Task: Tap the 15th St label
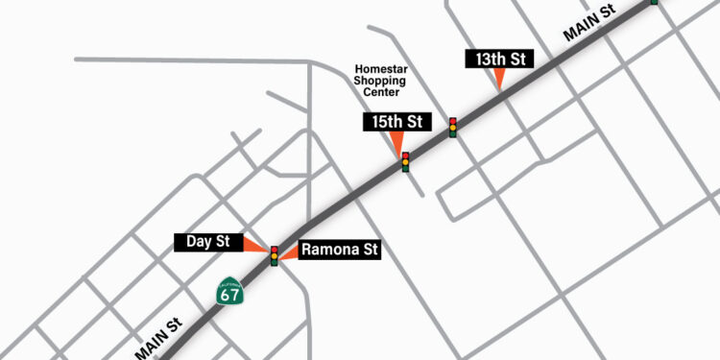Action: (x=394, y=122)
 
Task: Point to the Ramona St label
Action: (x=340, y=251)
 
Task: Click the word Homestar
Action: (x=381, y=69)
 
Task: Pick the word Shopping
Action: (x=380, y=81)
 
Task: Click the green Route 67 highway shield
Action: (x=229, y=293)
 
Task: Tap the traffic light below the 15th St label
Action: (x=405, y=162)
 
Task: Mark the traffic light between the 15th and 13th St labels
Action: (x=452, y=127)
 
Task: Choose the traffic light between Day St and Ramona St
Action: (x=275, y=255)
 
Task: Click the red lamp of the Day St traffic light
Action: (x=275, y=250)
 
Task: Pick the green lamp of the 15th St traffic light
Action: (x=405, y=168)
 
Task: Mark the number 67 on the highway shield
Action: (x=229, y=297)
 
